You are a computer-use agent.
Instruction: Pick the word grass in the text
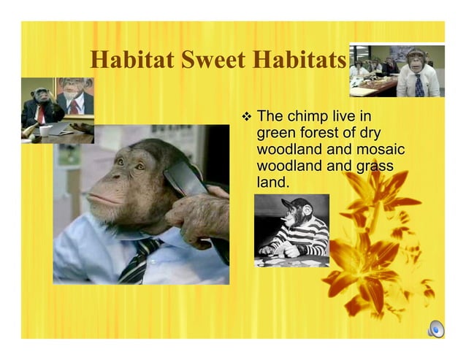pyautogui.click(x=375, y=166)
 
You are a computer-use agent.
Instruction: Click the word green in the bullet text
pyautogui.click(x=277, y=133)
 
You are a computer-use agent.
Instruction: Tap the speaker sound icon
pyautogui.click(x=435, y=329)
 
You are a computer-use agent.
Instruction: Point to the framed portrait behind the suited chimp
pyautogui.click(x=74, y=95)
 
